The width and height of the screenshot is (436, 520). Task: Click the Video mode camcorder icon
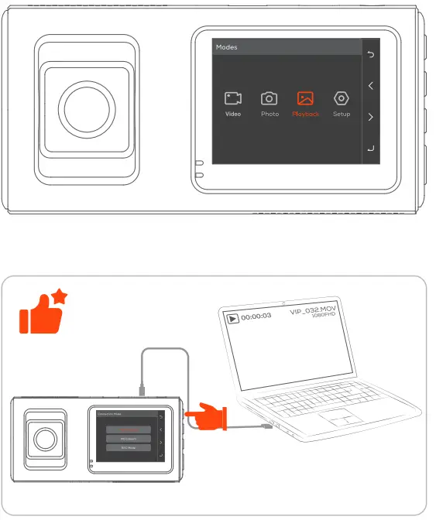(233, 98)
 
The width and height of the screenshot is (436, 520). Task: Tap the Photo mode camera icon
(269, 98)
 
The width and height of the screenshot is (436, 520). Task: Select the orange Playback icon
(305, 98)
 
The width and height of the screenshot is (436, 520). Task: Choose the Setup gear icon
(341, 98)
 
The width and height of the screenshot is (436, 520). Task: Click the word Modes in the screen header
(227, 47)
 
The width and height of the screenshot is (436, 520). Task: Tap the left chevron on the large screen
(372, 86)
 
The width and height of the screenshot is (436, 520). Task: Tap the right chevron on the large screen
(372, 118)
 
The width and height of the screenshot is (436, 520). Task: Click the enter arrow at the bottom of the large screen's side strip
(372, 149)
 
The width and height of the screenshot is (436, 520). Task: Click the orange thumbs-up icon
(40, 313)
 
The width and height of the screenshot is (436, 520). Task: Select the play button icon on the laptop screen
(232, 317)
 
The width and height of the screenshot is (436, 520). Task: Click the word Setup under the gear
(341, 115)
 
